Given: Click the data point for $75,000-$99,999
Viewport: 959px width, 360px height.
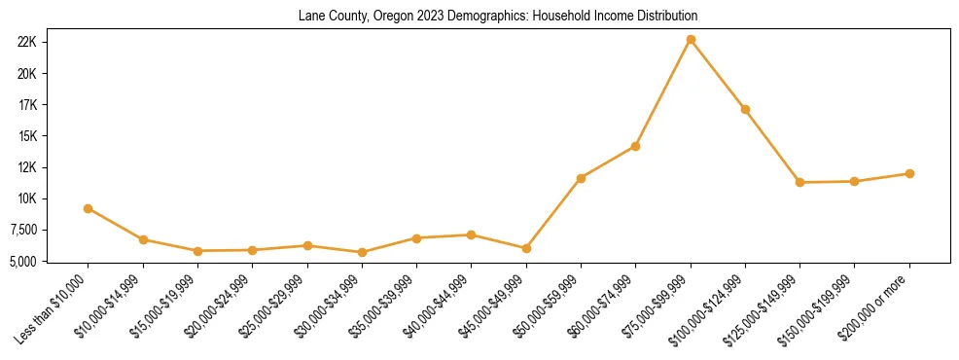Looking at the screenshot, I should pyautogui.click(x=691, y=40).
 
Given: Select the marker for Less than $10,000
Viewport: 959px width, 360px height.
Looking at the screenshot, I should pyautogui.click(x=89, y=208).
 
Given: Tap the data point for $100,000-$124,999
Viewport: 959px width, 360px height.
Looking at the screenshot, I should pyautogui.click(x=745, y=109).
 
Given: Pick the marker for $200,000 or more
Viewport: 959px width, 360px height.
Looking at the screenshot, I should pyautogui.click(x=909, y=173).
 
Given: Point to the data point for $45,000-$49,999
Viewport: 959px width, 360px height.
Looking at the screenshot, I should pyautogui.click(x=526, y=248).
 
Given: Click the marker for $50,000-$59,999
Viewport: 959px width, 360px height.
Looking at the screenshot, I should pyautogui.click(x=581, y=178).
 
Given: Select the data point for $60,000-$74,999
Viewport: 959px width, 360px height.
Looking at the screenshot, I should pyautogui.click(x=635, y=146).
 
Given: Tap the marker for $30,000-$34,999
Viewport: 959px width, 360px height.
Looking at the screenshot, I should pyautogui.click(x=362, y=252).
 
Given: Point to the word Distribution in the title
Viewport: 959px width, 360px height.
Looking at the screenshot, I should pyautogui.click(x=665, y=17).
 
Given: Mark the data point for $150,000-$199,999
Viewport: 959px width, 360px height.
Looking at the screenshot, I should pyautogui.click(x=855, y=181).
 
